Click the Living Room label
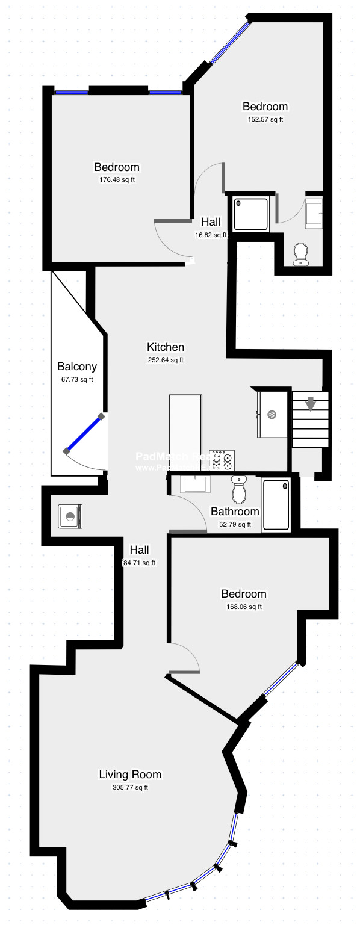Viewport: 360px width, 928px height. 130,775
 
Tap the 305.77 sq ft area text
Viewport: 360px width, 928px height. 130,787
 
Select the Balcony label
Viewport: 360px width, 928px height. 77,366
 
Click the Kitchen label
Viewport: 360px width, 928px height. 166,347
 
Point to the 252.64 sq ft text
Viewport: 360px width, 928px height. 166,360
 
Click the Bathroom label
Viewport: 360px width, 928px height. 235,512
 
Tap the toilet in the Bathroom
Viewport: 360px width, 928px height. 239,490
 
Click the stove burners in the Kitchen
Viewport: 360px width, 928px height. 222,460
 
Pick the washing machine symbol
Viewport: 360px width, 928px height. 71,516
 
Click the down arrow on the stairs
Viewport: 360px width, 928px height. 310,403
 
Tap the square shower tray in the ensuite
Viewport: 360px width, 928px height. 250,214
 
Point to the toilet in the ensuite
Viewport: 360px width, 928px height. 300,254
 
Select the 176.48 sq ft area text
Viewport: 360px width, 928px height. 117,179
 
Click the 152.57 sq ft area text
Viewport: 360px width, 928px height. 265,119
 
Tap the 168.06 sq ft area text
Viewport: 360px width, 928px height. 243,607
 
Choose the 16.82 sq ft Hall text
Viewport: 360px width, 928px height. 211,235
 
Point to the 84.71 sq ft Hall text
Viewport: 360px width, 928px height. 140,563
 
